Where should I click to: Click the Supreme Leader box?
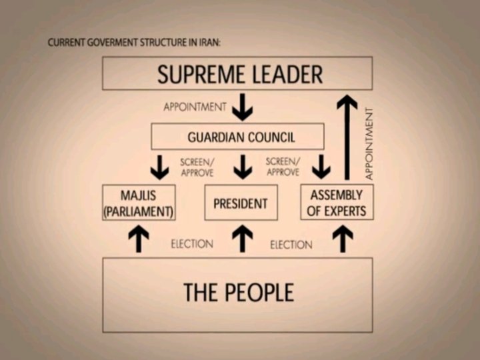coord(237,73)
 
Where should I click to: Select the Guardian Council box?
coord(237,137)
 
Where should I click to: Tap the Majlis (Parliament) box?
coord(139,203)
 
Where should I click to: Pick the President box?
coord(241,203)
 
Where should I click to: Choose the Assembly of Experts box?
coord(337,203)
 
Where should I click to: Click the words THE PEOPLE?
coord(238,293)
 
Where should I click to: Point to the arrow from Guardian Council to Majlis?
coord(159,167)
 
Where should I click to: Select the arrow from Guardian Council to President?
coord(243,167)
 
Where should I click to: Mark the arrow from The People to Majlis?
coord(139,239)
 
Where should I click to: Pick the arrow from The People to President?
coord(243,239)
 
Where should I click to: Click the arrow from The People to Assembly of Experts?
coord(343,239)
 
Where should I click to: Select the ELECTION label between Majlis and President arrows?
coord(192,244)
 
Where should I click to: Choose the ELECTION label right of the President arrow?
coord(291,245)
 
